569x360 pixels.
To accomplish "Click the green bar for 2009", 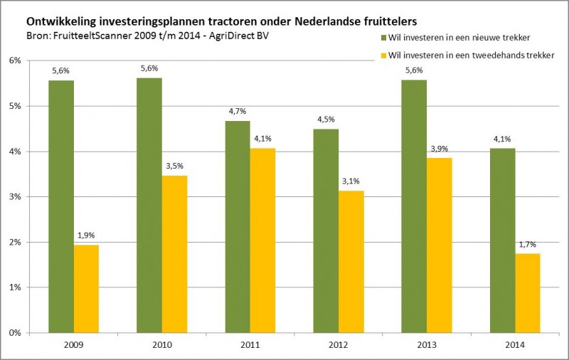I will [61, 206].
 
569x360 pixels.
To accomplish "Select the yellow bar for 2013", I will [439, 245].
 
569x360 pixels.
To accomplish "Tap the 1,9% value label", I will [86, 235].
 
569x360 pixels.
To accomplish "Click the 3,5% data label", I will [174, 166].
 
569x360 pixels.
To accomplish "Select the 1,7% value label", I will [527, 245].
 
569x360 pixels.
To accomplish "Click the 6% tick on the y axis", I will [14, 60].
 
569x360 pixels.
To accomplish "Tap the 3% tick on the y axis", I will [14, 197].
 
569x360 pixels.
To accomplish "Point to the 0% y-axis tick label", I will [14, 333].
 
